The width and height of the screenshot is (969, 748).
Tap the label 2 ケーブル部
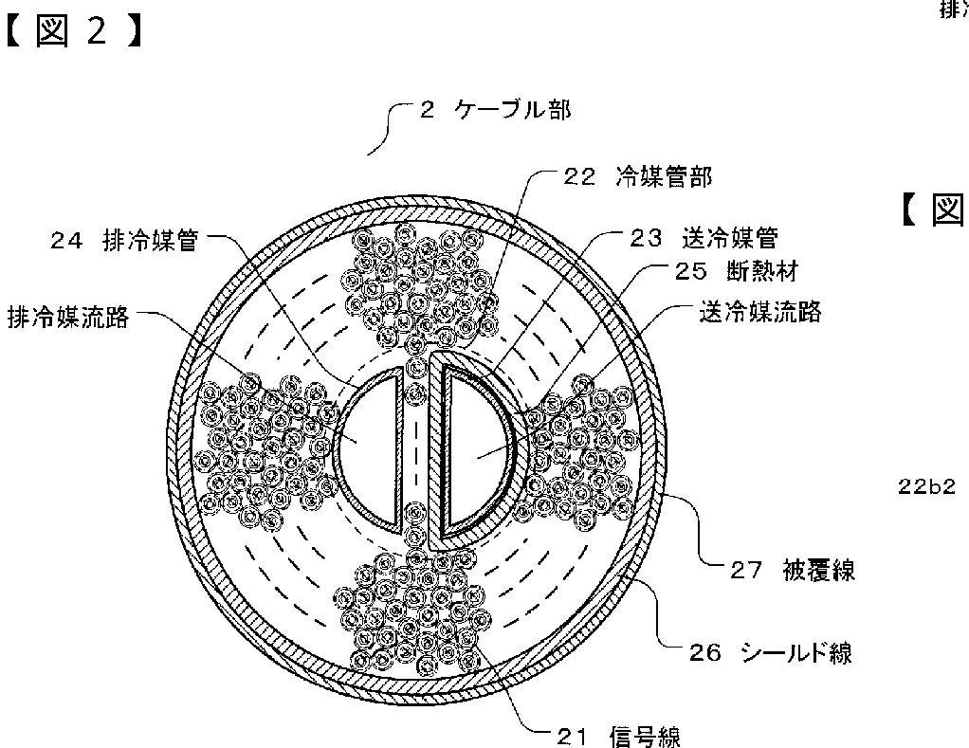tap(495, 110)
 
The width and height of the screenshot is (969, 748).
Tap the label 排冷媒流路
tap(67, 317)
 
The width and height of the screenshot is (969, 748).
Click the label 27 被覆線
tap(793, 570)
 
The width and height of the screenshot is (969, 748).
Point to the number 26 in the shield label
tap(706, 652)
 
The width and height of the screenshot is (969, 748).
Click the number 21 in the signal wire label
tap(566, 735)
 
